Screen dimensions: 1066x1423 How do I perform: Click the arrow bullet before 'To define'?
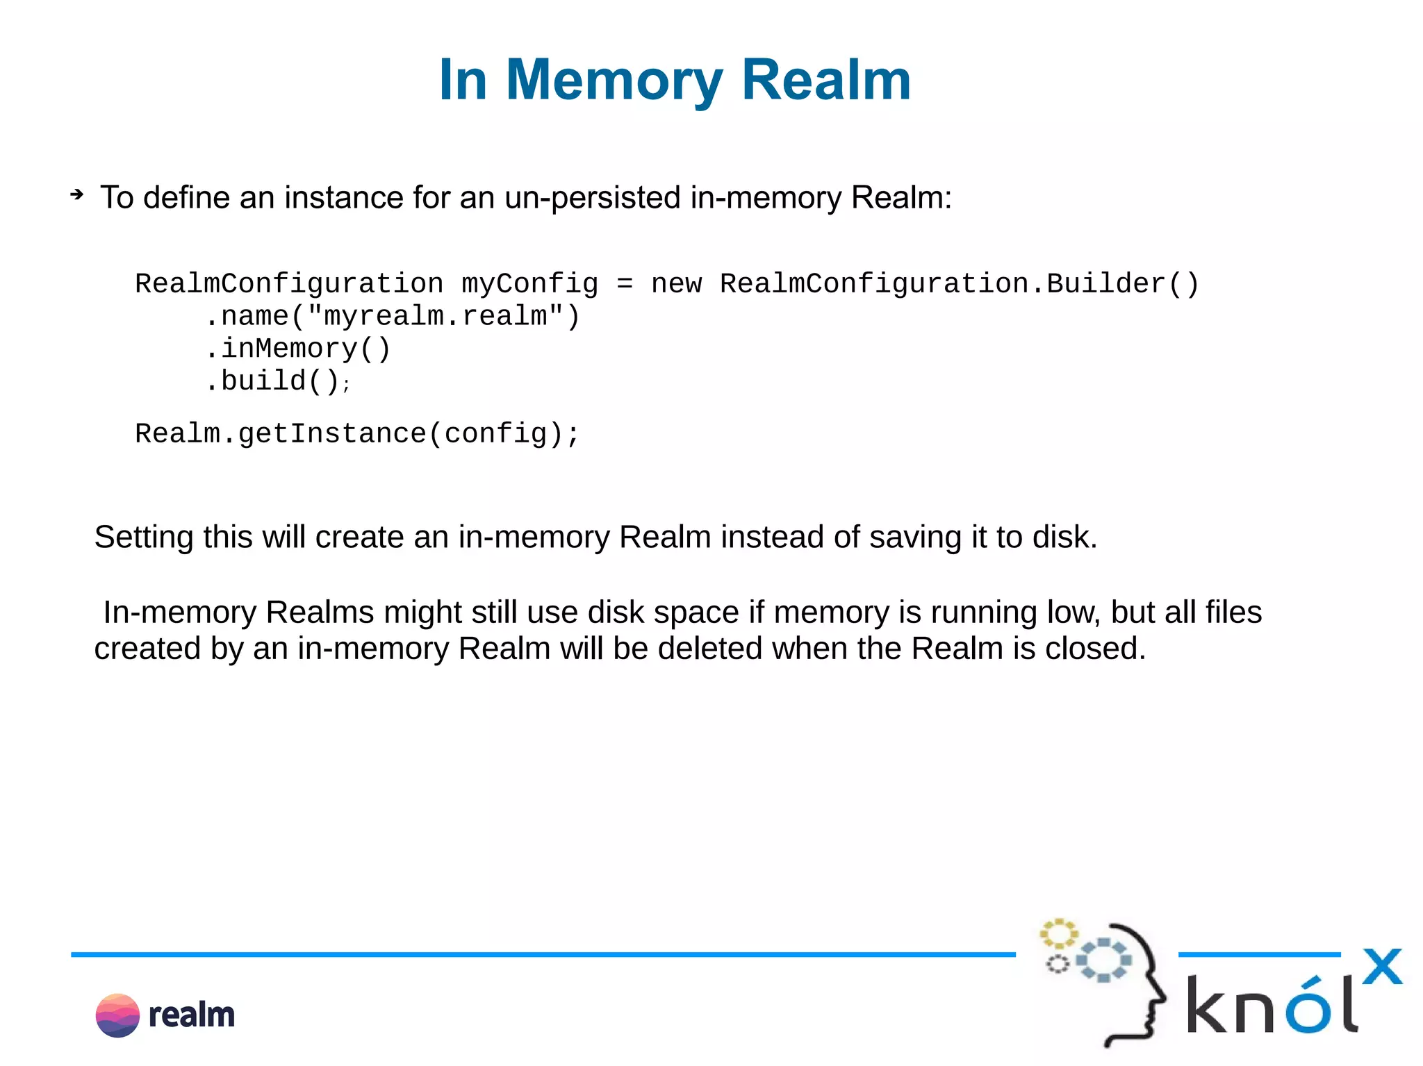pyautogui.click(x=76, y=195)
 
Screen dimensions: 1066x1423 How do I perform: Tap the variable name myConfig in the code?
pyautogui.click(x=529, y=284)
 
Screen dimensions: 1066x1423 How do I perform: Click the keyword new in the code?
pyautogui.click(x=676, y=284)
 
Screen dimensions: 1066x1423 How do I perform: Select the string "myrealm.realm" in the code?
pyautogui.click(x=436, y=317)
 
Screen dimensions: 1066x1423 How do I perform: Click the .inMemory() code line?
pyautogui.click(x=299, y=349)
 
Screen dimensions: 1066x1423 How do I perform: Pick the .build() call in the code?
pyautogui.click(x=274, y=381)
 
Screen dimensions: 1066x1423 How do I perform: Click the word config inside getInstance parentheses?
pyautogui.click(x=495, y=434)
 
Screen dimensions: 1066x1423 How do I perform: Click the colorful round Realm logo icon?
pyautogui.click(x=117, y=1015)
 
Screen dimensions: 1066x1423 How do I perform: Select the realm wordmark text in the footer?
pyautogui.click(x=192, y=1015)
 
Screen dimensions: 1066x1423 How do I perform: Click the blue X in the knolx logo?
pyautogui.click(x=1382, y=967)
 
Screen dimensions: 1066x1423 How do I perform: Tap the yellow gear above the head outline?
pyautogui.click(x=1058, y=934)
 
